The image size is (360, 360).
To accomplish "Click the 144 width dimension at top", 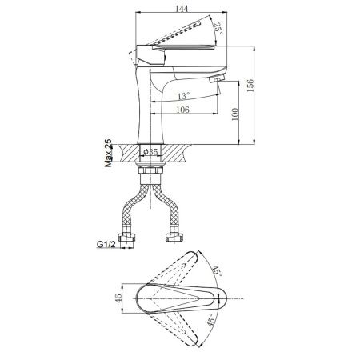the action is click(182, 8).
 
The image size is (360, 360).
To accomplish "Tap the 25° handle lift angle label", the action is click(218, 29).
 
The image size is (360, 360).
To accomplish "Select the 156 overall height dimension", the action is click(250, 85).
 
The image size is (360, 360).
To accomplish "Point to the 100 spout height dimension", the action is click(234, 114).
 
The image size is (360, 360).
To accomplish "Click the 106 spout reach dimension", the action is click(182, 110).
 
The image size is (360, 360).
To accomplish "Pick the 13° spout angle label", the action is click(184, 95).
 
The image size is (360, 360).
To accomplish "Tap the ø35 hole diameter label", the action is click(150, 152).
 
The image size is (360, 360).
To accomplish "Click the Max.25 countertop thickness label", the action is click(109, 153).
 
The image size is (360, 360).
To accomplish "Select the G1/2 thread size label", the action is click(106, 244).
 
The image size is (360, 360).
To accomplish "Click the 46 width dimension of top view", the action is click(118, 297).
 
